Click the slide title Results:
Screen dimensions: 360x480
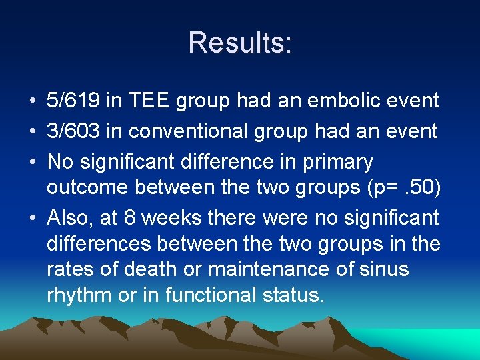pyautogui.click(x=240, y=43)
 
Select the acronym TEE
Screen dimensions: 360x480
pyautogui.click(x=150, y=101)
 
